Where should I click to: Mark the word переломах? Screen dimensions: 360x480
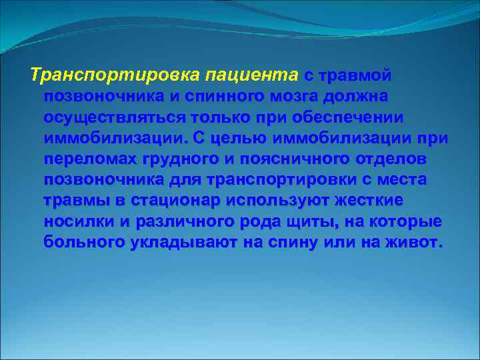[x=90, y=160]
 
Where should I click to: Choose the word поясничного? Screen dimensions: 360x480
[x=302, y=160]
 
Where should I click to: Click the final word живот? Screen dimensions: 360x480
[x=413, y=243]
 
